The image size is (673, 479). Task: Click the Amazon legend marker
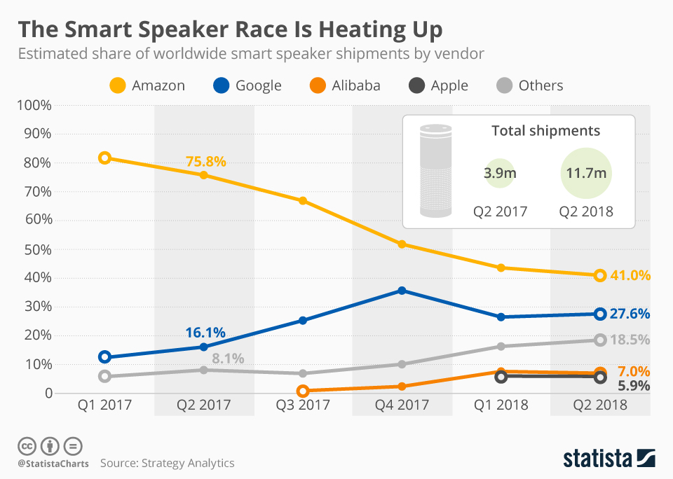tap(118, 85)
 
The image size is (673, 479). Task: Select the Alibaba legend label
tap(356, 85)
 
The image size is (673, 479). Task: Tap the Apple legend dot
tap(416, 85)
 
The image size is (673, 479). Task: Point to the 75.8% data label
tap(205, 161)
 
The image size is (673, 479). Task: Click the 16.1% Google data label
tap(205, 333)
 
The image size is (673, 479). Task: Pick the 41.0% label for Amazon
tap(630, 275)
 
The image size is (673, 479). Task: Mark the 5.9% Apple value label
tap(634, 386)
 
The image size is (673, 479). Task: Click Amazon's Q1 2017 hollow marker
tap(104, 158)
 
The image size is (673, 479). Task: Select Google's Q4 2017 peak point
tap(402, 291)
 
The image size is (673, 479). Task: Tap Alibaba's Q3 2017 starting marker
tap(303, 391)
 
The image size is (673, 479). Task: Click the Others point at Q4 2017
tap(402, 364)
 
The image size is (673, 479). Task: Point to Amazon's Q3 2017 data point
tap(303, 201)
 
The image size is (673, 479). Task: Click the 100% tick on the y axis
tap(34, 105)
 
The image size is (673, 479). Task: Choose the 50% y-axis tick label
tap(38, 249)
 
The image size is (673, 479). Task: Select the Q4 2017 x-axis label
tap(402, 405)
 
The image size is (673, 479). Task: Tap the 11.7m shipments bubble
tap(586, 173)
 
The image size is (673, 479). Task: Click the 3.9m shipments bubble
tap(500, 173)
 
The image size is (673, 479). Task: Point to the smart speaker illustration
tap(435, 171)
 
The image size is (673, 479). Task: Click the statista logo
tap(609, 458)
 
